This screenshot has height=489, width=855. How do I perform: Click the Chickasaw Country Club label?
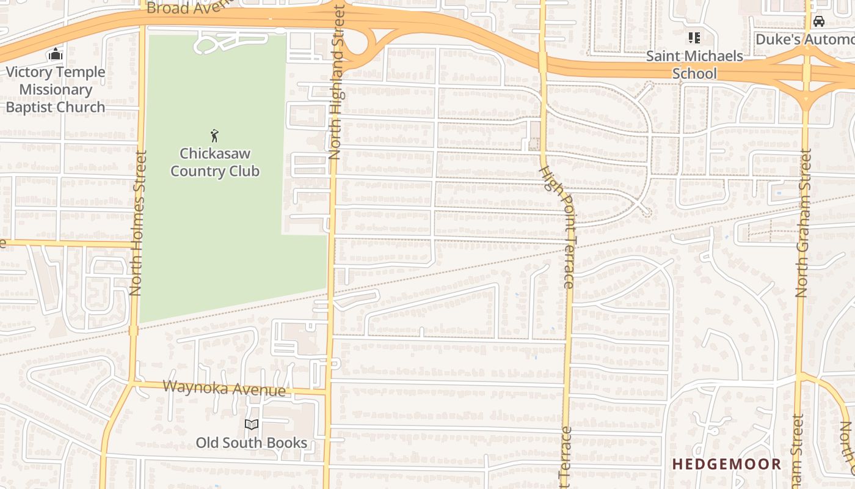(214, 162)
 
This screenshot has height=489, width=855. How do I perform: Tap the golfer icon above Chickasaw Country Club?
(214, 136)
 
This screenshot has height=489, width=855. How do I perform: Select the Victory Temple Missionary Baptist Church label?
(56, 89)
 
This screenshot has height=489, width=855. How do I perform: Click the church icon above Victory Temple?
(56, 54)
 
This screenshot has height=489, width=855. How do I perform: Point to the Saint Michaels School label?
(694, 64)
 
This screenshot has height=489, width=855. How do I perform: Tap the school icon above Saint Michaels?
(694, 38)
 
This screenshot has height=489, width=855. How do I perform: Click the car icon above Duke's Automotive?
(819, 21)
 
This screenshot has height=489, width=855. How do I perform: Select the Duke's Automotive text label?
(805, 39)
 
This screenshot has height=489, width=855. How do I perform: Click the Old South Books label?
(252, 442)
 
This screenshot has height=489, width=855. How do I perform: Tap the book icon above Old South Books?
(252, 424)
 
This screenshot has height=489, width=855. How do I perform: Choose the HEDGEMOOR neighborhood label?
(727, 464)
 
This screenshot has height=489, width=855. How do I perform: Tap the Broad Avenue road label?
(190, 7)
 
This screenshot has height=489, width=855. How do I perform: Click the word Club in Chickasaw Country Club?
(243, 171)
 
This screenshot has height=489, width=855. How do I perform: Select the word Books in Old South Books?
(287, 442)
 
